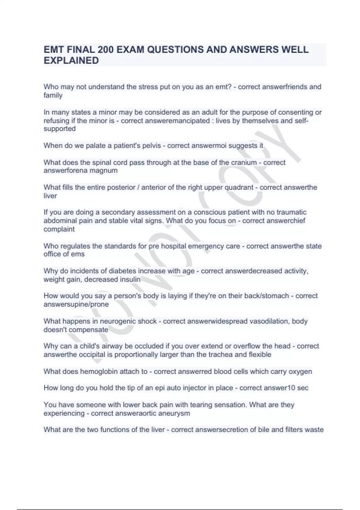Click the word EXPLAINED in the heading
point(71,61)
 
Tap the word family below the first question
point(53,95)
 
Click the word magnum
point(104,171)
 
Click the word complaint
point(59,229)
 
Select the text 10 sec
point(298,388)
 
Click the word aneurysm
point(175,413)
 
